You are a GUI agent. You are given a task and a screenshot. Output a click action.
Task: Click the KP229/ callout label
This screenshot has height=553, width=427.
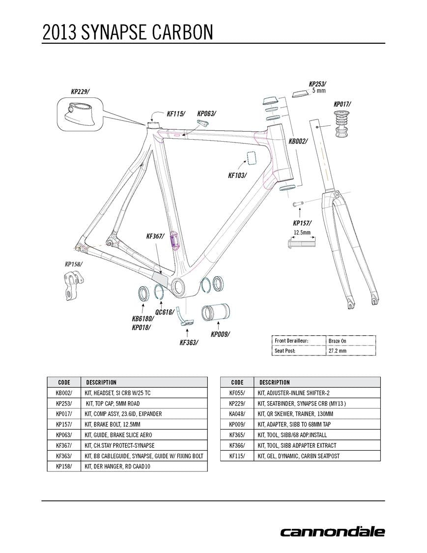click(x=80, y=91)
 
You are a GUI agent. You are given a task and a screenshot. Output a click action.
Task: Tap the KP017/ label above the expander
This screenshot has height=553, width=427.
click(x=342, y=104)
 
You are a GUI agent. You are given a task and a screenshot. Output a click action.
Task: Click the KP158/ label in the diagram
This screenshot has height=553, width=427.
click(x=74, y=264)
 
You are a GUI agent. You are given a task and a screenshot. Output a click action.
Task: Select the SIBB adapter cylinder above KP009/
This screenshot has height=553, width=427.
click(x=216, y=313)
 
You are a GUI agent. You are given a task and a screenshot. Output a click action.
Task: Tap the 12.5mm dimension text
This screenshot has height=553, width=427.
click(x=302, y=232)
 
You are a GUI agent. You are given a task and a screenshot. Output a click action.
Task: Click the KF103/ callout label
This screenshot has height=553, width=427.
click(x=237, y=175)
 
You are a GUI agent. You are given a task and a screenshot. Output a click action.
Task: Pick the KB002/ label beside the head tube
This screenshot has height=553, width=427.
click(x=298, y=141)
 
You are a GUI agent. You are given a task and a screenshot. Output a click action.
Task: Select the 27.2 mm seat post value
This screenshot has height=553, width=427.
click(x=337, y=351)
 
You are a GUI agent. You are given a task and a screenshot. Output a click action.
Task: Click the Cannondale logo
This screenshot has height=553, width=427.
click(x=332, y=532)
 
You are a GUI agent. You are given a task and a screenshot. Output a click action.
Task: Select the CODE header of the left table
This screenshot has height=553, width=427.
click(x=64, y=382)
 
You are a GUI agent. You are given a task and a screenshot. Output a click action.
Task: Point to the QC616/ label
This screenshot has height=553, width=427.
click(x=164, y=312)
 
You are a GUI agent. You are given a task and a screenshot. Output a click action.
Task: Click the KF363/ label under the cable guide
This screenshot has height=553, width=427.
click(x=189, y=343)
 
